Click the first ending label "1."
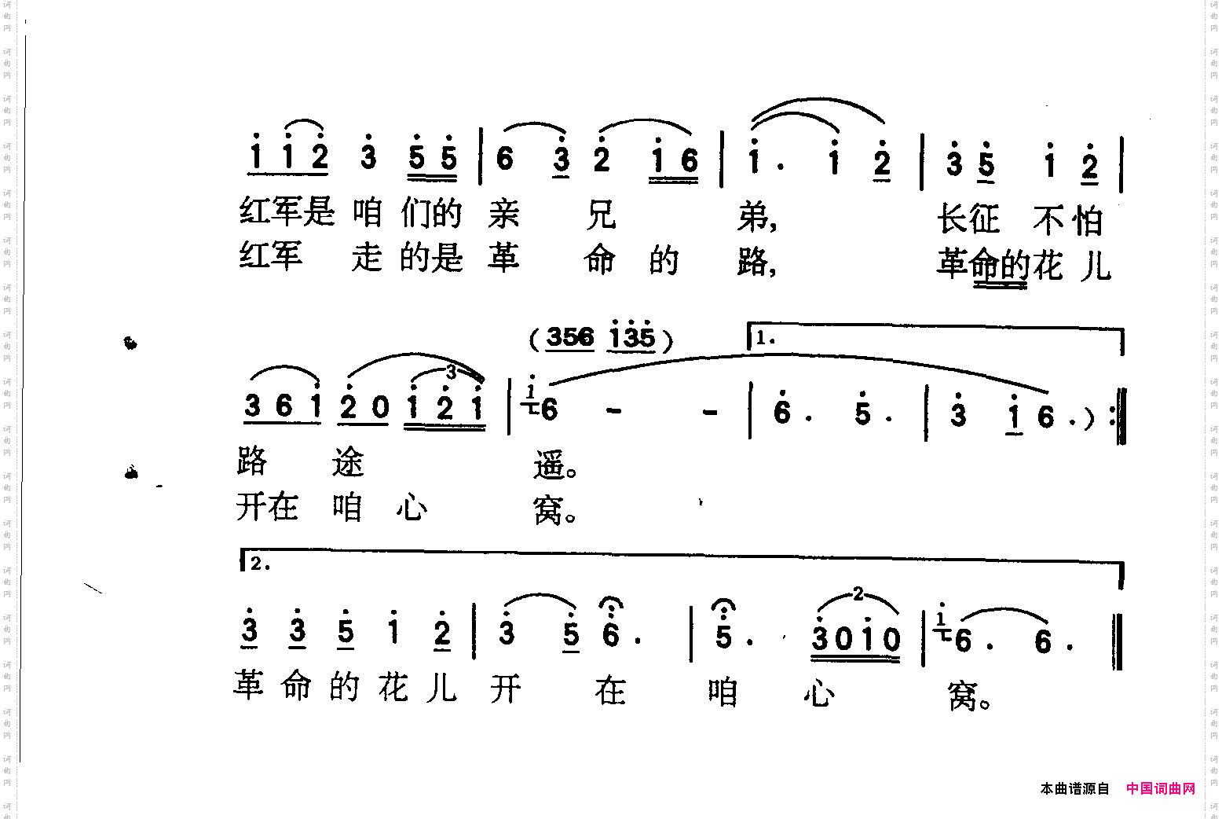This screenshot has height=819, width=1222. [x=765, y=339]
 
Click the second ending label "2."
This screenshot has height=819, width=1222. [x=260, y=563]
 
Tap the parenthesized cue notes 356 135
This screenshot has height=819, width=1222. [x=602, y=337]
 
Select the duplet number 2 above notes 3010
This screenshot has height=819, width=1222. [x=858, y=593]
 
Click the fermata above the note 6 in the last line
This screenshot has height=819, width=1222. [x=610, y=604]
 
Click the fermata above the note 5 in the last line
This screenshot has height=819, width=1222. [x=723, y=604]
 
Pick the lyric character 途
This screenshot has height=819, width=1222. [x=348, y=462]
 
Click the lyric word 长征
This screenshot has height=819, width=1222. [x=968, y=219]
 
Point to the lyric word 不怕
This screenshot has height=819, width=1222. [x=1068, y=221]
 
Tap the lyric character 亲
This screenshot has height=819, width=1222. [x=503, y=214]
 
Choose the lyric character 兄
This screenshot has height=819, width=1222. [x=601, y=215]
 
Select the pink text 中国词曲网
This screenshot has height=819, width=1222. [x=1160, y=788]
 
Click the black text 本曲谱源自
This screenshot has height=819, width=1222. [x=1074, y=788]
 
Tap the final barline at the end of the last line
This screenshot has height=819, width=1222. [x=1117, y=641]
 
